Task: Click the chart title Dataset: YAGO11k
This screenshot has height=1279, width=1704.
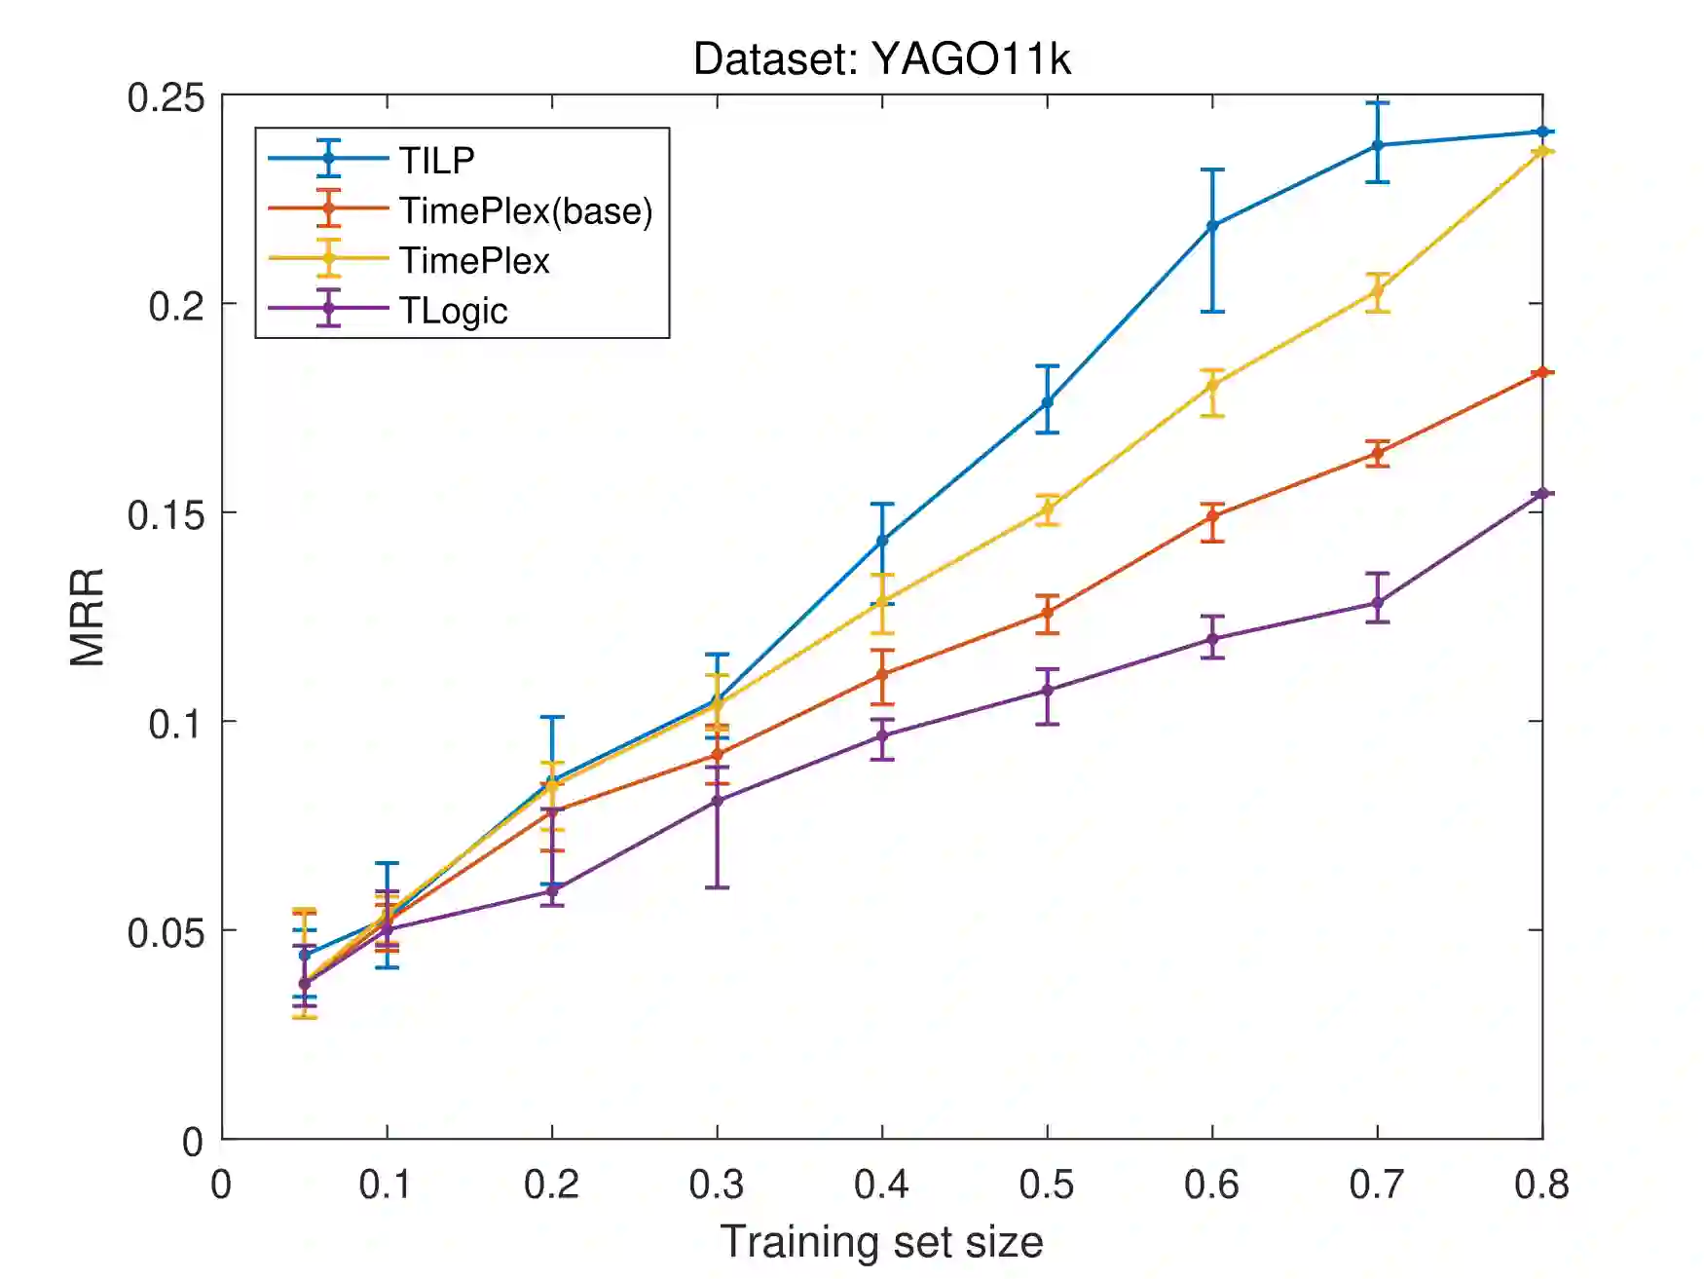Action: tap(881, 59)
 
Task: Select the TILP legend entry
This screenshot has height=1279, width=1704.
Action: tap(436, 160)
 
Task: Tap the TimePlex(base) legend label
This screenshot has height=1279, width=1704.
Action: tap(525, 210)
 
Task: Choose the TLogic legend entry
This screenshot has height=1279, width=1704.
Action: tap(453, 311)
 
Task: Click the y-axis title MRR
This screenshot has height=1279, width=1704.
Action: tap(88, 618)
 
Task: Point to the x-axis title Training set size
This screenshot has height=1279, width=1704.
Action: tap(881, 1242)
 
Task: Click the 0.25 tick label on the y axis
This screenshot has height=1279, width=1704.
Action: tap(166, 97)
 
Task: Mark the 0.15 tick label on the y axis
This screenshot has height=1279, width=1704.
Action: tap(166, 514)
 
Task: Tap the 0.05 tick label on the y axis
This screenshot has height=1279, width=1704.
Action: tap(166, 932)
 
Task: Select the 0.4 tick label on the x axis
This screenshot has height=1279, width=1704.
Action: tap(881, 1185)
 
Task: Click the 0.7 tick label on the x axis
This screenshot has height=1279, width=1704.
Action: tap(1377, 1185)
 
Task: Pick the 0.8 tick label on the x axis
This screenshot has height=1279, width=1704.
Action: tap(1541, 1185)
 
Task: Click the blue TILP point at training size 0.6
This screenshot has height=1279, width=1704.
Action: tap(1212, 225)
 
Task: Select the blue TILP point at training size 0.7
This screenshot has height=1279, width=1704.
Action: tap(1377, 145)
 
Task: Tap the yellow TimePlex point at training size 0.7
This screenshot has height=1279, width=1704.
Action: tap(1377, 291)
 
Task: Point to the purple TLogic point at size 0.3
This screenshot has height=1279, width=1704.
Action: tap(718, 801)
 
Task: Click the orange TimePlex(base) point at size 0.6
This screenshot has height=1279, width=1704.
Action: tap(1212, 515)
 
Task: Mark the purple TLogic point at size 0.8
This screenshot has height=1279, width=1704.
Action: tap(1541, 494)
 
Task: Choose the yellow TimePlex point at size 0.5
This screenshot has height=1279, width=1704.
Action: tap(1048, 508)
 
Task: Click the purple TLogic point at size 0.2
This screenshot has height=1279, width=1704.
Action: tap(552, 890)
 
